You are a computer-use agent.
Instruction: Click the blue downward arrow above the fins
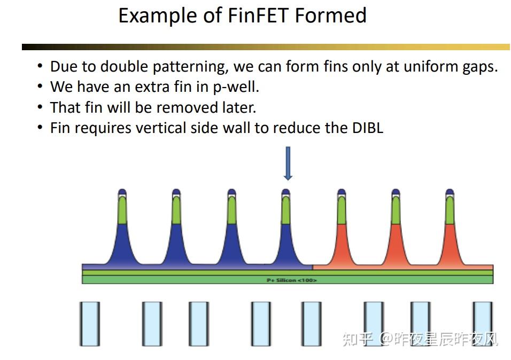pos(288,163)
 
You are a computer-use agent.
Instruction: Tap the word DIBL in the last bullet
pos(367,128)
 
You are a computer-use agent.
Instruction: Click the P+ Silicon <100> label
pos(291,280)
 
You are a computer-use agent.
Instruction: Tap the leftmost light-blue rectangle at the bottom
pos(90,323)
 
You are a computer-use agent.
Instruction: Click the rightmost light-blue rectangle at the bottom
pos(482,323)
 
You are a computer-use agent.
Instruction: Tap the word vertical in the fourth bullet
pos(165,128)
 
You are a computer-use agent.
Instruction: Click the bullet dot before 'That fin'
pos(40,107)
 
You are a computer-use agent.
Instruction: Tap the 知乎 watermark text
pos(357,339)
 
